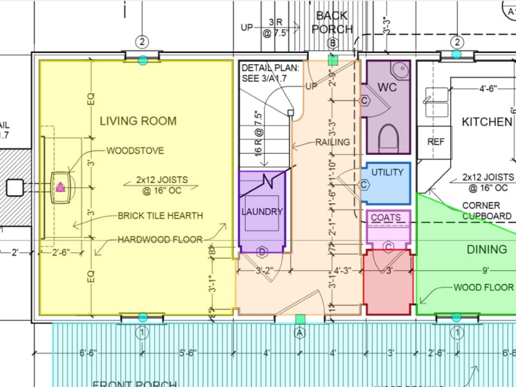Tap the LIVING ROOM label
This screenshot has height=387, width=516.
click(x=137, y=121)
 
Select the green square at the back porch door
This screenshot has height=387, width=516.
click(x=333, y=60)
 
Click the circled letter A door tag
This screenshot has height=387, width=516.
click(x=299, y=333)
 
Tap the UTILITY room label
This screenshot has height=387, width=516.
click(x=388, y=172)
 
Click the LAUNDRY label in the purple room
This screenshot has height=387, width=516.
click(x=262, y=212)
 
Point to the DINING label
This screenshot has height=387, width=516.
click(x=487, y=250)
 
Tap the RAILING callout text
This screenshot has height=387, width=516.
click(x=333, y=142)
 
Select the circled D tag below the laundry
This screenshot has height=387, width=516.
click(x=262, y=250)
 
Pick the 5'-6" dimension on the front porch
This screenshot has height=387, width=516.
click(x=192, y=353)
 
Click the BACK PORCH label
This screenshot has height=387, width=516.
click(x=332, y=22)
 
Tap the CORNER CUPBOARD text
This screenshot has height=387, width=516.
click(x=488, y=210)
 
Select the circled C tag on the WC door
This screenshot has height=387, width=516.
click(x=364, y=101)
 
